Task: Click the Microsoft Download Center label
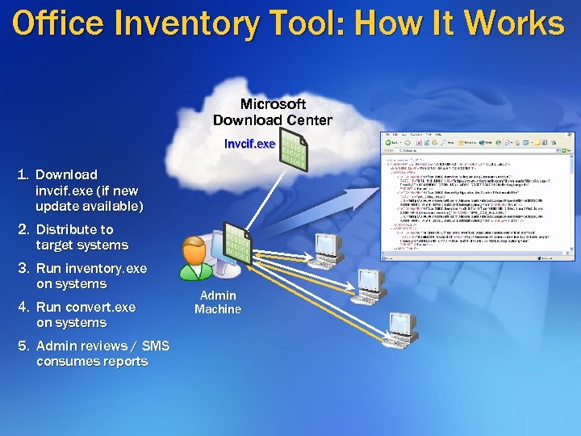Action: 272,112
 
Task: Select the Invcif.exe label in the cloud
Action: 249,144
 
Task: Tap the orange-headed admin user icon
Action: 195,260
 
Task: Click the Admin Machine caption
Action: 218,302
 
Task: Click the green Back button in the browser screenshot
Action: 389,142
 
